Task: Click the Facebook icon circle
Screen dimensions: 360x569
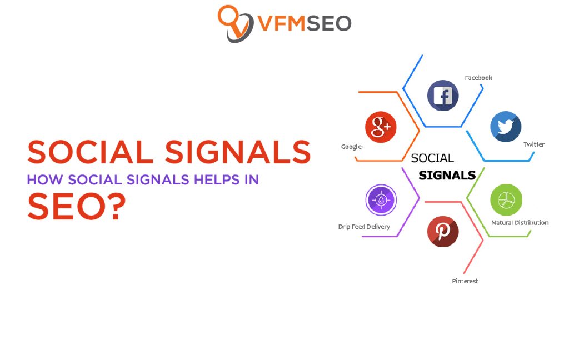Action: point(443,96)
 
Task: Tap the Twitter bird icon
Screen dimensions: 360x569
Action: point(506,127)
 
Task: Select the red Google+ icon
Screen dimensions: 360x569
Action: point(381,127)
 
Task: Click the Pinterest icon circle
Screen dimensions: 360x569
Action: point(443,231)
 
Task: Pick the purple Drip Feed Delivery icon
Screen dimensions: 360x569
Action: point(381,200)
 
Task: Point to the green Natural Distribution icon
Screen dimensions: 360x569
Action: point(506,199)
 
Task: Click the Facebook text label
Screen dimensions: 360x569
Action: point(478,78)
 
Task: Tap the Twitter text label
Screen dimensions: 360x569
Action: point(534,144)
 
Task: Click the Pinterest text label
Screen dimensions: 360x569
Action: point(465,281)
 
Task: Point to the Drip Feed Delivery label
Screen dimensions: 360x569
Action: point(364,227)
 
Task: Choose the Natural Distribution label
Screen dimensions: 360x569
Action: point(520,223)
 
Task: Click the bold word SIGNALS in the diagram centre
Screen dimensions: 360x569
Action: point(447,176)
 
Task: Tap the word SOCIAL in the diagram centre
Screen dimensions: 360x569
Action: point(432,158)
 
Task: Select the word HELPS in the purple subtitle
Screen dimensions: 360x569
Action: point(214,180)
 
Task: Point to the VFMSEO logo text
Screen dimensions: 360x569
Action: point(304,23)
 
